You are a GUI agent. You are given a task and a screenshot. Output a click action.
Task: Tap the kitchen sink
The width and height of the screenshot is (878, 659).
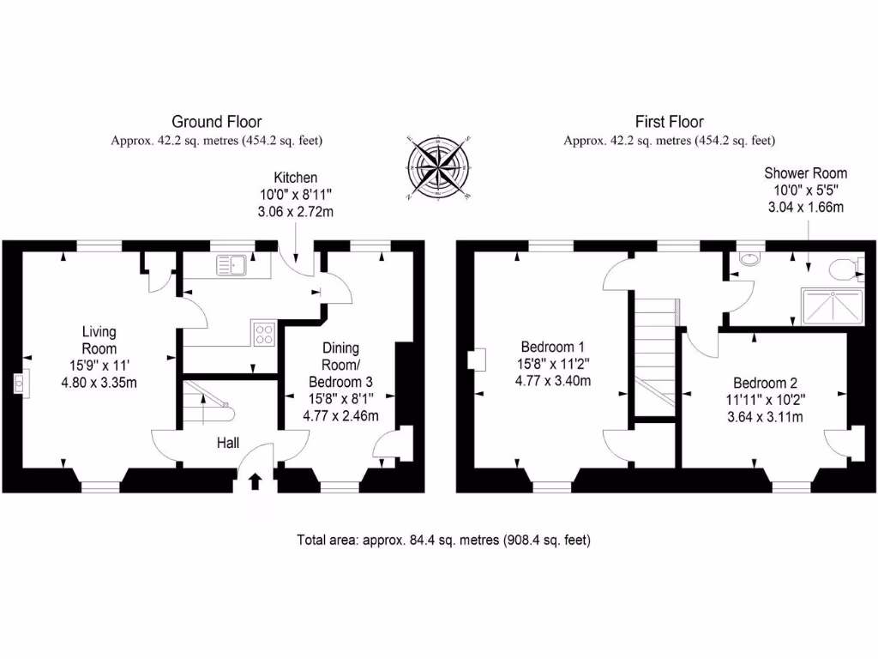pyautogui.click(x=232, y=266)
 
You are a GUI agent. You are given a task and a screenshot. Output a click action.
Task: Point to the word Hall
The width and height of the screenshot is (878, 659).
pyautogui.click(x=226, y=443)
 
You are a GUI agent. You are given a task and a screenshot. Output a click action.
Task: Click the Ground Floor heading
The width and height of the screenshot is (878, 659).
pyautogui.click(x=217, y=122)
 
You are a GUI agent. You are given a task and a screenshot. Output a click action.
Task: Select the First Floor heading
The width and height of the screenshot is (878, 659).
pyautogui.click(x=669, y=122)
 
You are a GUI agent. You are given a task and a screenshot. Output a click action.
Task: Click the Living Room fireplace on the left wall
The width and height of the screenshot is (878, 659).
pyautogui.click(x=18, y=383)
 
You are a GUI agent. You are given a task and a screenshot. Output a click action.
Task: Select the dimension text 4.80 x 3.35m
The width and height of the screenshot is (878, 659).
pyautogui.click(x=99, y=383)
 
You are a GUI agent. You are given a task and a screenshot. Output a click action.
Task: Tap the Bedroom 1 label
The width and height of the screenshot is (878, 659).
pyautogui.click(x=553, y=348)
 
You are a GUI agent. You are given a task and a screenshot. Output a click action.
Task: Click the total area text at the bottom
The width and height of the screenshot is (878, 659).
pyautogui.click(x=443, y=541)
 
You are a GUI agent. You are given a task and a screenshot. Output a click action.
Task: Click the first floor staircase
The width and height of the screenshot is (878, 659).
pyautogui.click(x=656, y=352)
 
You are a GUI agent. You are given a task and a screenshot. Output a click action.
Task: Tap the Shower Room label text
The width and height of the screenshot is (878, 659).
pyautogui.click(x=805, y=173)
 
